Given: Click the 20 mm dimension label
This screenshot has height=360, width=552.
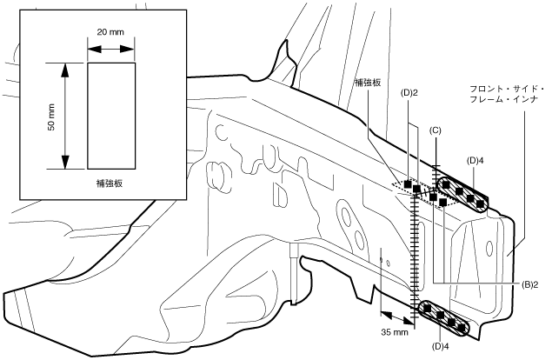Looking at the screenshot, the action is (x=110, y=32).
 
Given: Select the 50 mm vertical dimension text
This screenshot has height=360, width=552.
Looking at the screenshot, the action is (x=51, y=117).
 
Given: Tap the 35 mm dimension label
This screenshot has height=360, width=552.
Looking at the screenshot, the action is (x=395, y=332).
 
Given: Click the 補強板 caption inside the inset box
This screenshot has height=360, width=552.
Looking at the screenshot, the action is (x=110, y=183).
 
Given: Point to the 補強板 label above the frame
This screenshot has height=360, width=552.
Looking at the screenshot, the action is (x=368, y=83).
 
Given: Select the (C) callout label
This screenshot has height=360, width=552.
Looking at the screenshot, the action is (x=436, y=130).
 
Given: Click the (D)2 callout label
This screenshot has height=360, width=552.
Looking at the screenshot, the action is (x=409, y=93).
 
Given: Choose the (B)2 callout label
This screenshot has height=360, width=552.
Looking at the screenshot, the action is (x=529, y=285).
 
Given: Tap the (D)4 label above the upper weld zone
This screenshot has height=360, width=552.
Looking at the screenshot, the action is (x=475, y=161).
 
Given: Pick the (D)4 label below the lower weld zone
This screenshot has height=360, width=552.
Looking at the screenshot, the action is (x=440, y=347).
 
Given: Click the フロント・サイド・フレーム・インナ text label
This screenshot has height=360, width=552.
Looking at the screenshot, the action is (x=507, y=94).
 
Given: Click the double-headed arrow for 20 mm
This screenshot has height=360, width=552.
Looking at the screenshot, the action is (x=111, y=49).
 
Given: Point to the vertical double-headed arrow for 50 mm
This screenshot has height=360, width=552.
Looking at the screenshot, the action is (x=65, y=116).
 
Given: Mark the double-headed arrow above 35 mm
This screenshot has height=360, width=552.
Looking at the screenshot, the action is (x=397, y=317).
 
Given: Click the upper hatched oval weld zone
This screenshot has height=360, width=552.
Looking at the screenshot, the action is (x=463, y=194).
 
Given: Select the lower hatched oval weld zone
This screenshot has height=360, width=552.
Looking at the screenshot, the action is (x=444, y=318).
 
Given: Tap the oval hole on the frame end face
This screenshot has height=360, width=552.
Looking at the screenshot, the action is (x=489, y=247).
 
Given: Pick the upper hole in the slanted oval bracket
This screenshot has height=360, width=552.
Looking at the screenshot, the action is (x=345, y=215).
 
